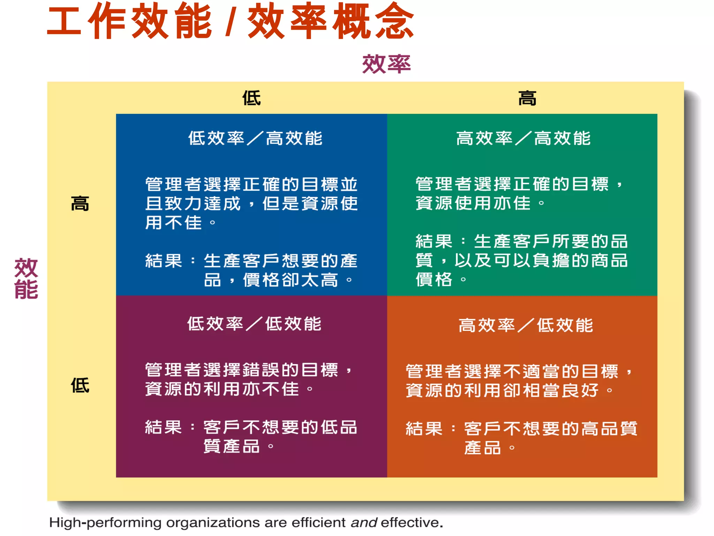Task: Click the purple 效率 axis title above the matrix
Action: point(386,64)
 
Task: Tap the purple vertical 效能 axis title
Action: point(26,278)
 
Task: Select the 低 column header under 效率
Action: point(251,98)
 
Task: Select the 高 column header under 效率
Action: point(527,98)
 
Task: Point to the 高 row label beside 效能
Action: point(80,204)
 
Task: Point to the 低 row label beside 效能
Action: point(80,386)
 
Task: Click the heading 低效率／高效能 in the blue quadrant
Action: point(255,139)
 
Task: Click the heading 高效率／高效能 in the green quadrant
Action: point(523,139)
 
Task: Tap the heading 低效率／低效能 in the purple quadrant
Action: point(254,324)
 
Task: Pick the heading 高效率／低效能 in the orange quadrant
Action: point(525,326)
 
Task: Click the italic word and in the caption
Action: point(364,523)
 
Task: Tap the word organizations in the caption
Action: point(213,523)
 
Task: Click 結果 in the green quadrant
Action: point(434,241)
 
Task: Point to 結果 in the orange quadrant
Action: point(424,429)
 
